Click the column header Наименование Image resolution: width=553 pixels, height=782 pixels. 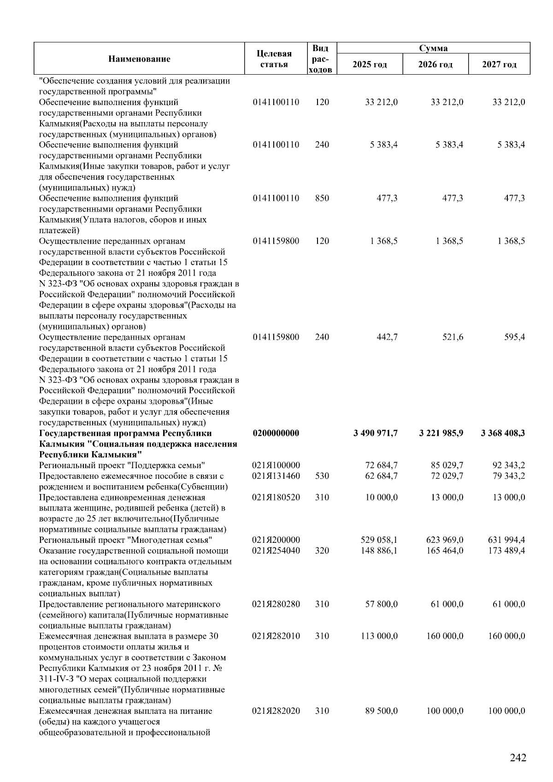[139, 59]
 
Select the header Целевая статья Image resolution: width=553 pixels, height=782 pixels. [274, 59]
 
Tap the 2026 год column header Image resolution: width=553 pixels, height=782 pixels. [435, 64]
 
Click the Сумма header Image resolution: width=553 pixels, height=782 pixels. [433, 48]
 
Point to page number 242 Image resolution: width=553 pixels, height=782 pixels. [518, 758]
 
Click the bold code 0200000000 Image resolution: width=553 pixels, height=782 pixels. [276, 433]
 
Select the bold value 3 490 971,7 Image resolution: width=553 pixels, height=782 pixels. [376, 433]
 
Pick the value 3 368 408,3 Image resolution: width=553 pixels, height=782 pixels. [502, 433]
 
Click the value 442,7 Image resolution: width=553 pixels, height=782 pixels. [387, 337]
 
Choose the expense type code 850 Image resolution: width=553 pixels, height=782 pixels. [322, 198]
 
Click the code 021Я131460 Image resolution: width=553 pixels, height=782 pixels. [276, 476]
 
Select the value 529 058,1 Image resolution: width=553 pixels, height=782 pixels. [379, 540]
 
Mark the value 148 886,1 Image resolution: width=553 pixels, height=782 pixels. [379, 551]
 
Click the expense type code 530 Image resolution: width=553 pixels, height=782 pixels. [322, 476]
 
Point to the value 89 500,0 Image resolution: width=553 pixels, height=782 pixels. [381, 711]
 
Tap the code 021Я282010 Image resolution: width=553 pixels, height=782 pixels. [276, 636]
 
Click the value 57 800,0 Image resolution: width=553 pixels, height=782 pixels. [381, 604]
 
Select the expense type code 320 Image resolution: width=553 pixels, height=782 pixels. [322, 551]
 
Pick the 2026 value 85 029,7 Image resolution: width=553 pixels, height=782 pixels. [447, 465]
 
